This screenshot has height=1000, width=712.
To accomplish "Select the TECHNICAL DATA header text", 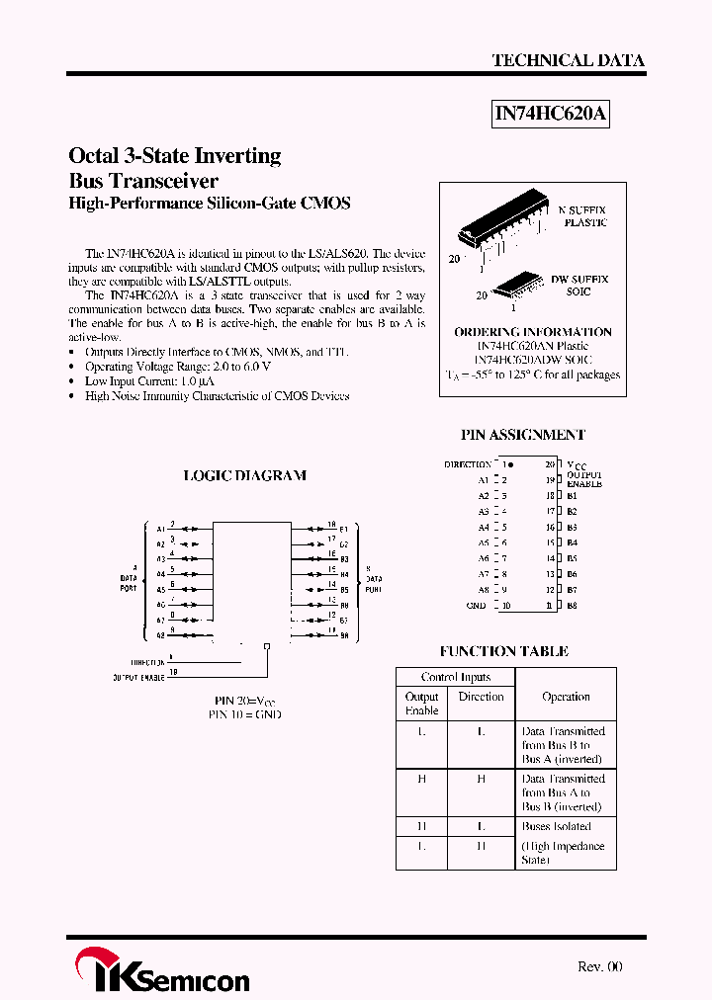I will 568,60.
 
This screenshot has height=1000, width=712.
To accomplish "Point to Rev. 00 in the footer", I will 600,967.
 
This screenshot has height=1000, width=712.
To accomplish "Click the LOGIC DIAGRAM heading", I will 245,475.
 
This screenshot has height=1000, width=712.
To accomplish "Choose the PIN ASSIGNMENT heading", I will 523,435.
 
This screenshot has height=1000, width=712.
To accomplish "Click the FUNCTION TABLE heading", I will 504,651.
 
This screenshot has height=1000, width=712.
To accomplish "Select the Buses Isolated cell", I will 556,826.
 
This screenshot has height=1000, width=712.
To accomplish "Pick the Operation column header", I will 566,697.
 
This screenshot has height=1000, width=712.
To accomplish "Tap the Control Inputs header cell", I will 455,677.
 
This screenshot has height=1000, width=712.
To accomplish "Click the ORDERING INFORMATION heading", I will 533,332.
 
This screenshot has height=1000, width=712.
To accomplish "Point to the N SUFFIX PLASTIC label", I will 583,216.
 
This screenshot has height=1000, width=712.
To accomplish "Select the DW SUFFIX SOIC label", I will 580,286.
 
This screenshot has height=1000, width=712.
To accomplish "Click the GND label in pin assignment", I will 476,606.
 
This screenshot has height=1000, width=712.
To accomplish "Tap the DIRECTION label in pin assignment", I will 467,464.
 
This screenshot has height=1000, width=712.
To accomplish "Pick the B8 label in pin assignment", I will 573,606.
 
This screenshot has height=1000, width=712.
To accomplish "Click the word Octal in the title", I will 93,156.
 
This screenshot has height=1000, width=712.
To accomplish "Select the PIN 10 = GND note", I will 244,713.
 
